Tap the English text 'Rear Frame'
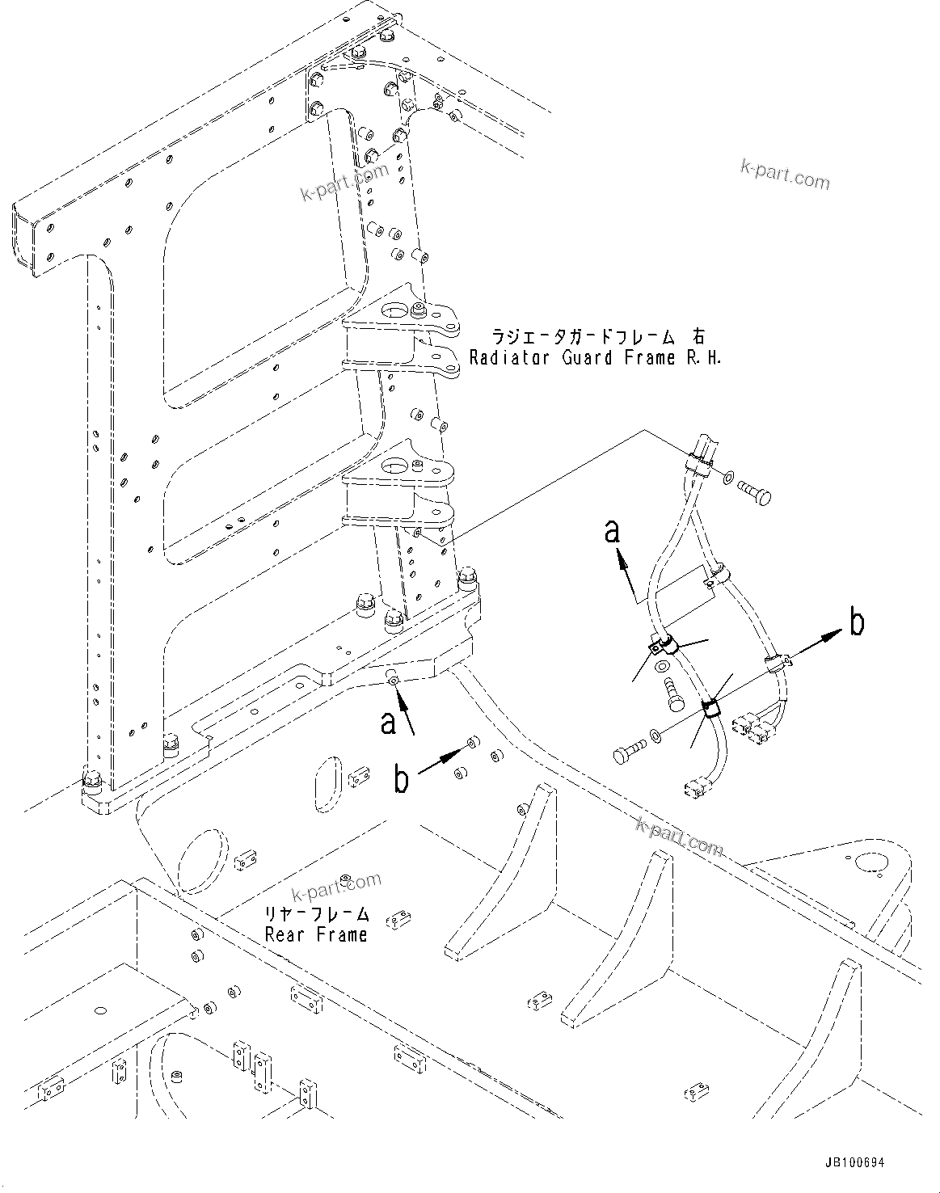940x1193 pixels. (x=316, y=934)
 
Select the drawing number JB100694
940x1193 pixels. (x=854, y=1163)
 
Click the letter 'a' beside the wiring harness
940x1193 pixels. (x=613, y=532)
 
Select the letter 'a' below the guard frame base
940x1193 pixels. (x=389, y=722)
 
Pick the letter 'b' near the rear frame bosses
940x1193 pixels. (x=402, y=779)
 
